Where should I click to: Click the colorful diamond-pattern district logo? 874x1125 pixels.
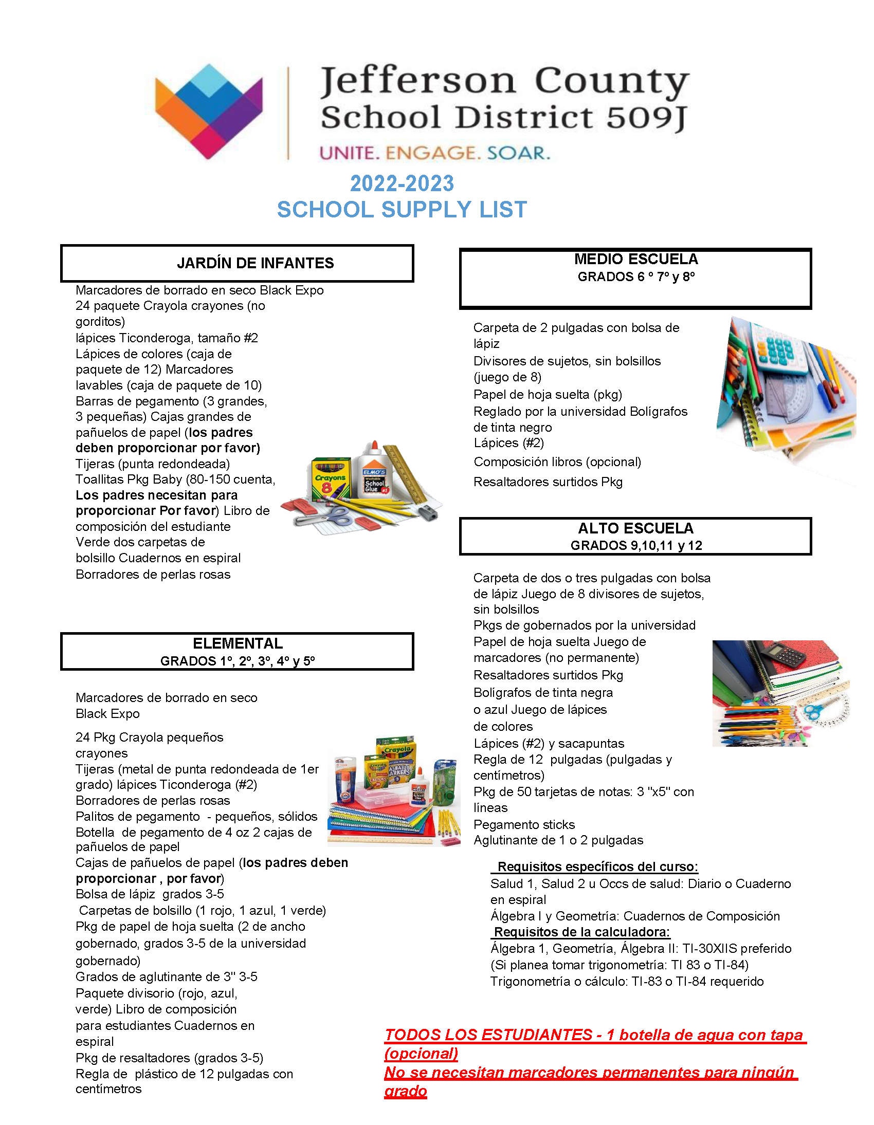[209, 110]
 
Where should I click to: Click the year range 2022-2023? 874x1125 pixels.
[402, 183]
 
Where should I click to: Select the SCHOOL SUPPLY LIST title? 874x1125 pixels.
[402, 210]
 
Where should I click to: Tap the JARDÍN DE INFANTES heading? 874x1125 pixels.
[255, 263]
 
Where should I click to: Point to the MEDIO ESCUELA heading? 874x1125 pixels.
[636, 259]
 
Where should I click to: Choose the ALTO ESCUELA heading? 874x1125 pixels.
[635, 528]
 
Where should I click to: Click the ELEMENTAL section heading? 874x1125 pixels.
[238, 643]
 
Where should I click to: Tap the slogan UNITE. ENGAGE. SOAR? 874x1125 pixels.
[435, 153]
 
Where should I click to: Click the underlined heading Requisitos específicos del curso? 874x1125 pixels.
[597, 866]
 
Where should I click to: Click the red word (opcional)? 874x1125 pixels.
[421, 1054]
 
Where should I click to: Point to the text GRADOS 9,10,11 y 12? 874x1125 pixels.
[636, 545]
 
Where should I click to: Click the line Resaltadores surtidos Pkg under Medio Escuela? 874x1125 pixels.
[548, 482]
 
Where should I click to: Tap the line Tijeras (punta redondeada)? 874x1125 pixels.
[153, 464]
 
